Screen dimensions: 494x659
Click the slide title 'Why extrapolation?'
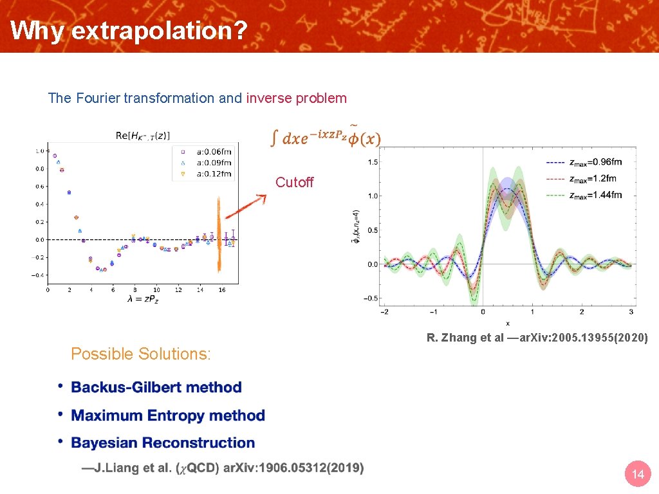129,30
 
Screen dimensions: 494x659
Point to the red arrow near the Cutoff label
245,206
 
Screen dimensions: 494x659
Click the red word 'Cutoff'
294,183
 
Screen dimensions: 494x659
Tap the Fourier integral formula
324,137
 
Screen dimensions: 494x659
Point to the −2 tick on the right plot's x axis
384,312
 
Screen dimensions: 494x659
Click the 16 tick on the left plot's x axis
222,290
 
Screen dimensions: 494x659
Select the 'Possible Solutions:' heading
140,354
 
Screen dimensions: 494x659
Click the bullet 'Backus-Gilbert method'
156,387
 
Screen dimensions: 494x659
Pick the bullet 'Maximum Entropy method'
168,416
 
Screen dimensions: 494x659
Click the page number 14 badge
638,475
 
